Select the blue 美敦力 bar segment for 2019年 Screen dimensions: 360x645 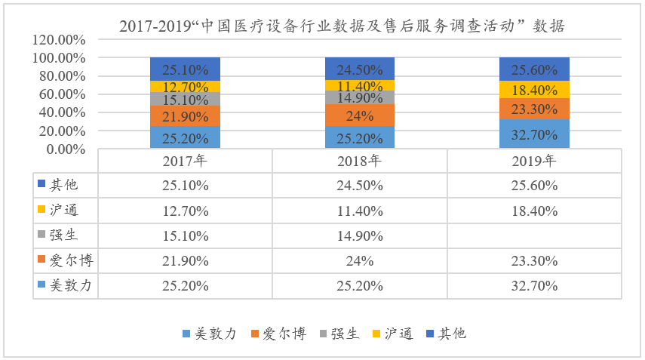click(x=534, y=134)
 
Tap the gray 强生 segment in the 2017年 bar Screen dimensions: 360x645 click(x=185, y=99)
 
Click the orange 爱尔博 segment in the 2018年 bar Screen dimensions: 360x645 click(x=359, y=115)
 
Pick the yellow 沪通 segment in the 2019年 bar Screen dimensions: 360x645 click(x=534, y=90)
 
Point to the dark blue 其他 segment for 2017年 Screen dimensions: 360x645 click(x=185, y=69)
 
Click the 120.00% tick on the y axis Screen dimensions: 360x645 click(x=60, y=40)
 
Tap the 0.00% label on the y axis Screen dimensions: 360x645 click(x=66, y=149)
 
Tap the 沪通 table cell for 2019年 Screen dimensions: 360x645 click(x=534, y=211)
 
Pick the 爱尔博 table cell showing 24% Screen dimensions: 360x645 click(x=359, y=261)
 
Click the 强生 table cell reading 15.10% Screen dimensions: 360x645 click(x=185, y=235)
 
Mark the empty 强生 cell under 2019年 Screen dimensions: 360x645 click(x=534, y=235)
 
